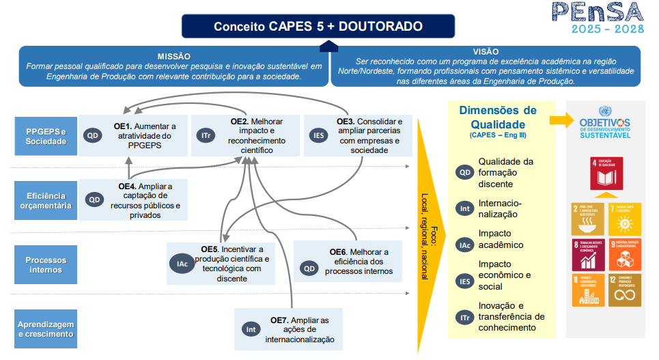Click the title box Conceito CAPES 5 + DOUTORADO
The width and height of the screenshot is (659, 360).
coord(318,27)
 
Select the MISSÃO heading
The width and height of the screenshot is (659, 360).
coord(173,55)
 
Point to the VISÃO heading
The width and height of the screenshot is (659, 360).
coord(486,51)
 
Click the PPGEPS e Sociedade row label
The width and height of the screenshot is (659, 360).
coord(46,136)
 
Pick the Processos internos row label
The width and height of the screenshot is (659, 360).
coord(46,265)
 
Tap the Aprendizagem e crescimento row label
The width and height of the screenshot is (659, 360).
coord(46,329)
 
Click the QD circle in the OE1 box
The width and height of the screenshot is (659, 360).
coord(93,135)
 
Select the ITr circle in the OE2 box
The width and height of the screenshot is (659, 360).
coord(206,135)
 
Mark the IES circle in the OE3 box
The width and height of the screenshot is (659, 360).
coord(318,135)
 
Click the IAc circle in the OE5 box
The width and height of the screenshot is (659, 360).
coord(182,264)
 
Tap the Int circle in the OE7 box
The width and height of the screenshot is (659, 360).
coord(251,329)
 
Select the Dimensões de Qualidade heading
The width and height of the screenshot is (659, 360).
coord(498,117)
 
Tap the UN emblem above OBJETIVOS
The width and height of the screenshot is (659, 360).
coord(604,111)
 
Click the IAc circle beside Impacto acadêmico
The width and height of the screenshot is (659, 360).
coord(464,245)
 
